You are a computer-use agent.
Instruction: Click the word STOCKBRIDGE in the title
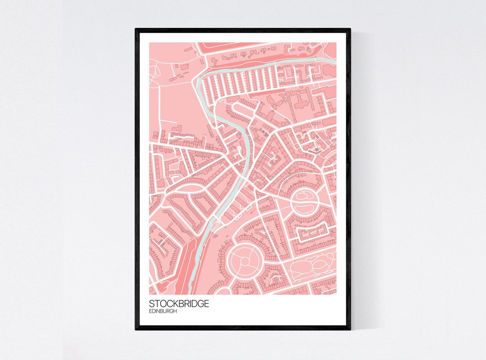179,304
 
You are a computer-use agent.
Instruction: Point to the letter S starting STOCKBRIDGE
151,304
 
